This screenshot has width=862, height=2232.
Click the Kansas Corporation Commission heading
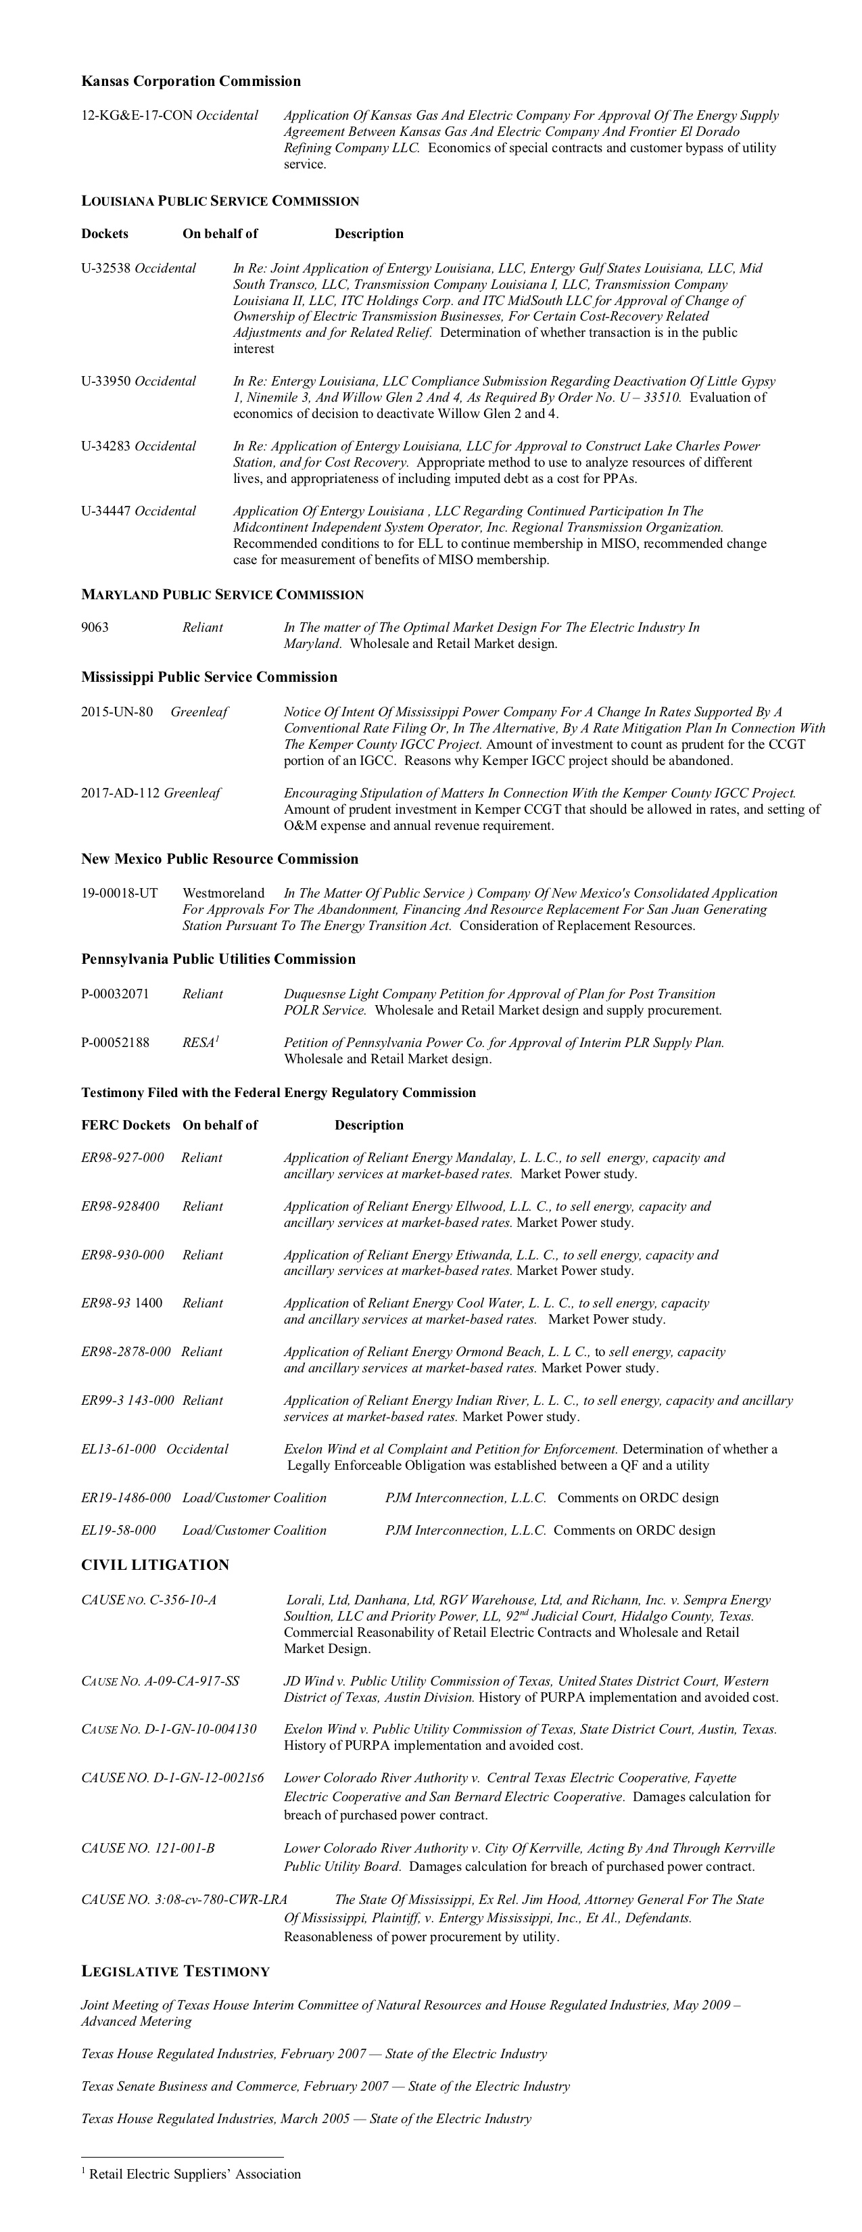191,81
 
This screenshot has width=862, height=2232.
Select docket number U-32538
105,269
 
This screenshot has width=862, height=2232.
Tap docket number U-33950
105,381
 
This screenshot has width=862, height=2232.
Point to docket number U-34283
105,446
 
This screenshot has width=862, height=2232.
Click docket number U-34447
105,511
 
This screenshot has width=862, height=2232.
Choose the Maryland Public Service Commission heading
222,595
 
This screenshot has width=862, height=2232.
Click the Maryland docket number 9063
95,627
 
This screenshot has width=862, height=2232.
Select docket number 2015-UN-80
117,712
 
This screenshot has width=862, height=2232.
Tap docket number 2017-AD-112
120,793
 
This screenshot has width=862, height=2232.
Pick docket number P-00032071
115,994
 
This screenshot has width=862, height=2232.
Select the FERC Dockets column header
126,1125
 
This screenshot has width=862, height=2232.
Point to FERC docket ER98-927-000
122,1157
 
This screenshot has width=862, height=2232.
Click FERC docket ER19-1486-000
126,1498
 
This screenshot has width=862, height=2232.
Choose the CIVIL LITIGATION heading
155,1565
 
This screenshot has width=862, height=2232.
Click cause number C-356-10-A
149,1600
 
